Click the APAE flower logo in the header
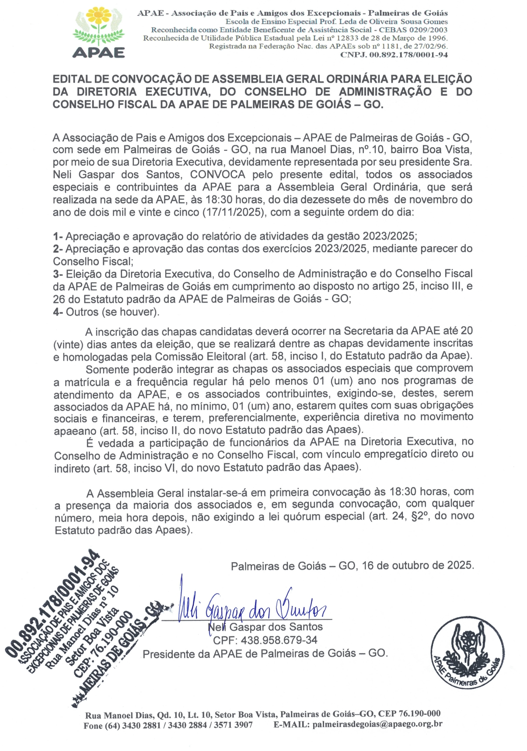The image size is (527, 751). point(98,32)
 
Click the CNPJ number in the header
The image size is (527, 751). point(394,55)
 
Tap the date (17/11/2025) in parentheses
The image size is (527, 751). point(235,212)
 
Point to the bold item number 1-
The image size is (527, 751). point(58,236)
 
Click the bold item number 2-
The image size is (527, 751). point(58,249)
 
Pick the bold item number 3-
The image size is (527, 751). point(58,274)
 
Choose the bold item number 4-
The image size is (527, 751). point(58,312)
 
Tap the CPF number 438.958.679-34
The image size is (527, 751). point(265,640)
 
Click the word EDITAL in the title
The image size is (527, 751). point(71,79)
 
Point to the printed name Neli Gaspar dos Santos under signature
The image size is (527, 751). point(265,627)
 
